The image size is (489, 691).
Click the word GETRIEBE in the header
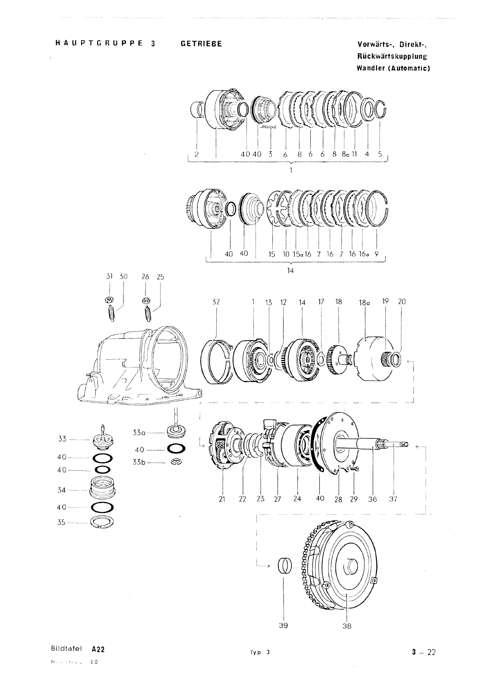201,44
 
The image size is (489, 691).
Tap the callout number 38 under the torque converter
347,626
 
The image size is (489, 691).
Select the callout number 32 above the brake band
216,302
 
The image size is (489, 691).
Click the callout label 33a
139,432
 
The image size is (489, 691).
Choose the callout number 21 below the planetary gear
223,499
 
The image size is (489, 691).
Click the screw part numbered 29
354,469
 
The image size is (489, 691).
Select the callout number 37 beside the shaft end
393,499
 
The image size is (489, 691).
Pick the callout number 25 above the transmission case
161,277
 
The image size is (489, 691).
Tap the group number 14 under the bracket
290,270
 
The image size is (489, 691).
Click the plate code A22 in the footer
98,649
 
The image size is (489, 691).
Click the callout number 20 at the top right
402,301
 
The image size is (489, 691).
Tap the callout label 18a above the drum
365,303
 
